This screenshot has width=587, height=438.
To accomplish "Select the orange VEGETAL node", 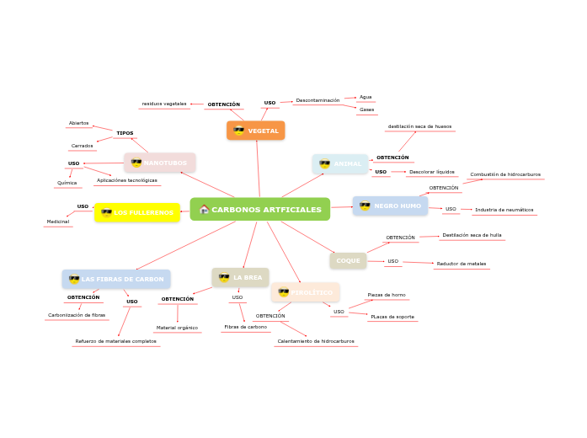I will (256, 131).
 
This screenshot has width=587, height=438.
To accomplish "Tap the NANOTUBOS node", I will (160, 163).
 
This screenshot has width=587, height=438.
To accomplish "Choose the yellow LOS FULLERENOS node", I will (137, 213).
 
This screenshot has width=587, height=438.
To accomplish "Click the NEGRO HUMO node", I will (390, 206).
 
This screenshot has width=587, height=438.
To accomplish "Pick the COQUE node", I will (348, 261).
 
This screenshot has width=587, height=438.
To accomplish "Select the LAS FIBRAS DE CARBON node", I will (116, 279).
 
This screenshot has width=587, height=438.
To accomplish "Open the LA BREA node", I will (240, 277).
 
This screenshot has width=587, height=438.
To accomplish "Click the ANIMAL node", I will (340, 163).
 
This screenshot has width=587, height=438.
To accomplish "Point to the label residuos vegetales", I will (164, 104).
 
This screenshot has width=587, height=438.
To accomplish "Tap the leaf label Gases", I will (366, 109).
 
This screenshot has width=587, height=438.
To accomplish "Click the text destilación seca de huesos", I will (419, 126).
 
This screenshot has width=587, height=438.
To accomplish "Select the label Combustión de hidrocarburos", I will (505, 174).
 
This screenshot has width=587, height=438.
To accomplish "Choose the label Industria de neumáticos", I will (504, 210).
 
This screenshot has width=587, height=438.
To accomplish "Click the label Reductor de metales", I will (461, 264).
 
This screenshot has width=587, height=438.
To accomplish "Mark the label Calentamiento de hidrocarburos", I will (316, 341).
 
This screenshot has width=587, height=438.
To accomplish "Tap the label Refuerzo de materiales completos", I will (115, 341).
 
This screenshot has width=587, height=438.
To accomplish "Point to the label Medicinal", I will (58, 222).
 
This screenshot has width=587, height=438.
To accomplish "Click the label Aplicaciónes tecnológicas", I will (126, 180).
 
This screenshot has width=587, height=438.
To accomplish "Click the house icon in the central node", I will (204, 209).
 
